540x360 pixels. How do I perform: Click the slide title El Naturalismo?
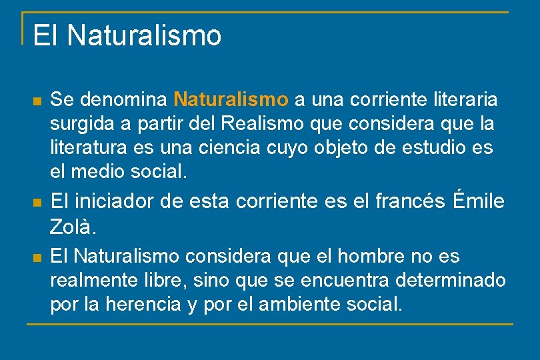point(127,35)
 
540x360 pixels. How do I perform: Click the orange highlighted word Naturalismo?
point(231,100)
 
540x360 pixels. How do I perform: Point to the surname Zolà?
point(73,227)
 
